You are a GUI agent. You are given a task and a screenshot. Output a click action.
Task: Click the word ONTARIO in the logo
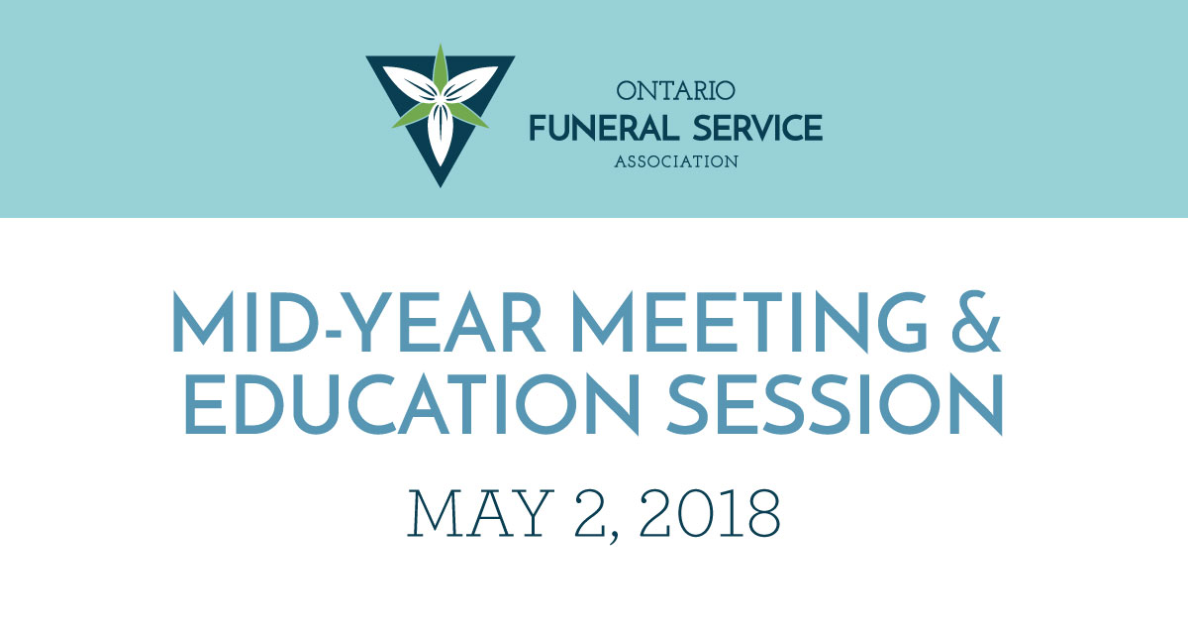pos(676,92)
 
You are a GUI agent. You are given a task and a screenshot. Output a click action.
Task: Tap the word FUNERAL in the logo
pos(594,128)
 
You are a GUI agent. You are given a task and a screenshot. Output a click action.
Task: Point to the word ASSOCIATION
pos(676,161)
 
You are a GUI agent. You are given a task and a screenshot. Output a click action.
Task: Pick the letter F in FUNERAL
pos(539,128)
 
